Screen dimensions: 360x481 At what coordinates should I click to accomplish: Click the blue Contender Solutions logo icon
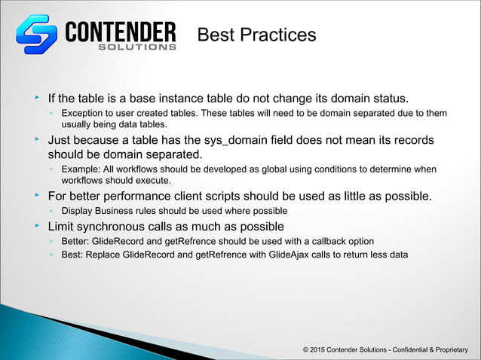(x=37, y=35)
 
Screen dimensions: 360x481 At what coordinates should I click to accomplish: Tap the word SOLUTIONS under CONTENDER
(x=138, y=47)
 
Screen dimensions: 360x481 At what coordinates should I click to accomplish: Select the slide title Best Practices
(x=256, y=35)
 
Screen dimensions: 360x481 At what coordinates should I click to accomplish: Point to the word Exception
(x=84, y=113)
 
